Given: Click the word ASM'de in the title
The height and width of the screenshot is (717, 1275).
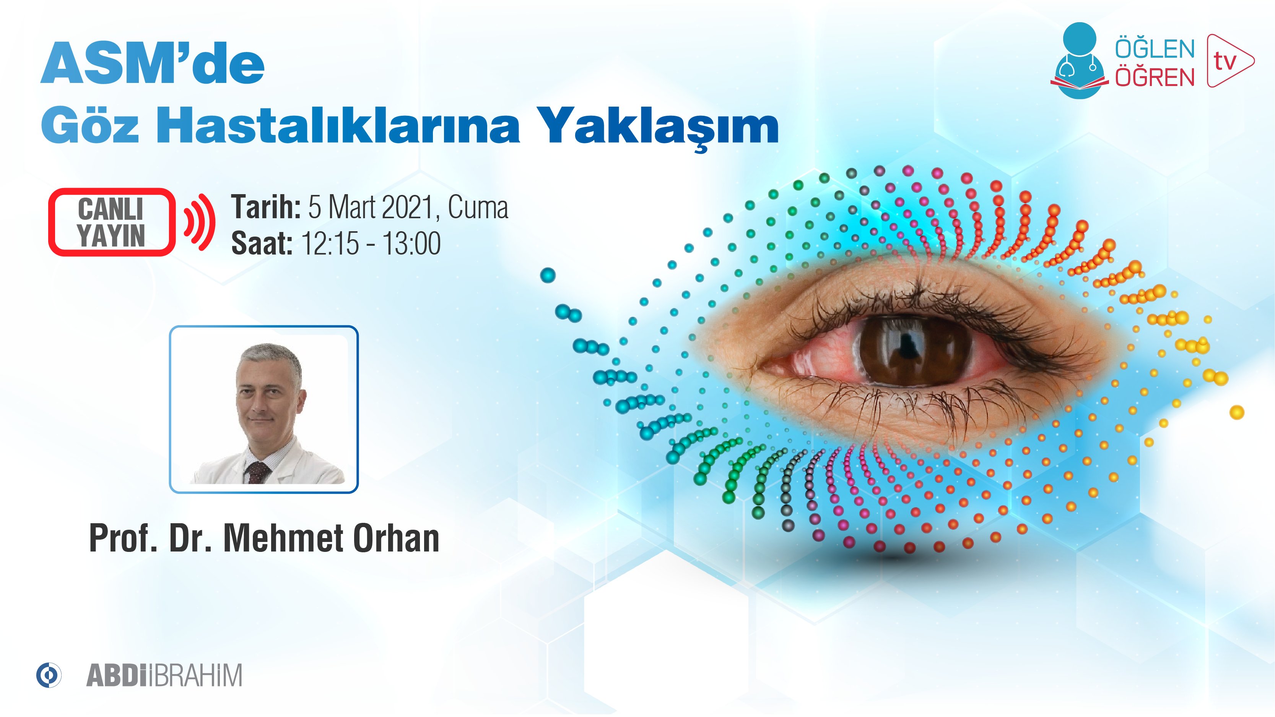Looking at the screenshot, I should (x=153, y=64).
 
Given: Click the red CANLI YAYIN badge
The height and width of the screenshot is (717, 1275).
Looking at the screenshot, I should (x=111, y=222).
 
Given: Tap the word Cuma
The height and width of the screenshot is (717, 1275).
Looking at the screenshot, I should (x=478, y=208).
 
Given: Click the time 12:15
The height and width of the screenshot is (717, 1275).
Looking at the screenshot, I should (x=330, y=243).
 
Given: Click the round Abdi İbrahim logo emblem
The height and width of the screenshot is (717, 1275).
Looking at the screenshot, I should (x=49, y=675).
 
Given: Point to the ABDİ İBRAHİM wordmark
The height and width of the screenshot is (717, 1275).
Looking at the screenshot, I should (x=164, y=675).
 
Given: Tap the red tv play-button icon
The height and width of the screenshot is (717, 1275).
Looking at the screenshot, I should (x=1229, y=61).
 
